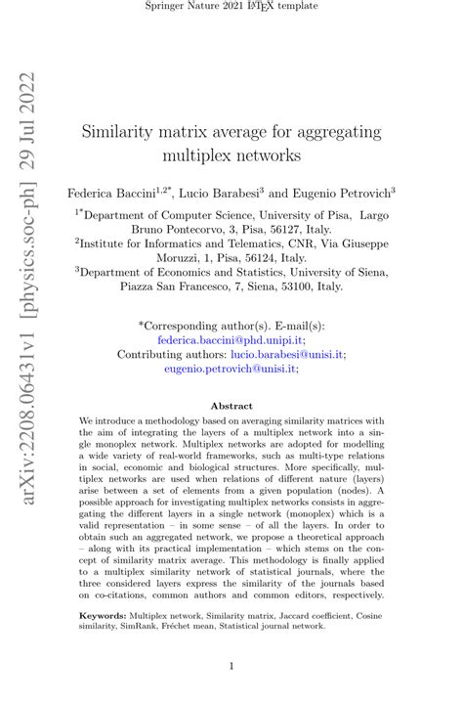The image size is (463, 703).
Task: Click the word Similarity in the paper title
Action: tap(120, 131)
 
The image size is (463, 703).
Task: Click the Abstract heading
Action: tap(231, 406)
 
